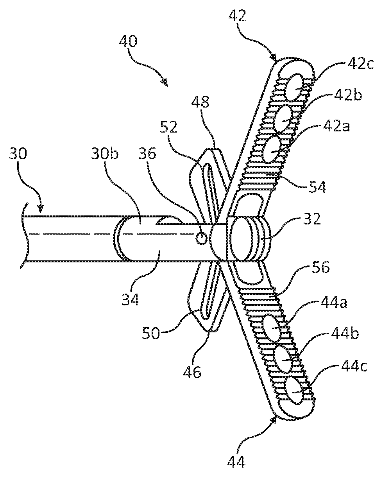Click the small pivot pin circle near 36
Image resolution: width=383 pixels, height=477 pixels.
point(201,238)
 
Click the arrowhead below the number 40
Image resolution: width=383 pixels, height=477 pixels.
point(165,83)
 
